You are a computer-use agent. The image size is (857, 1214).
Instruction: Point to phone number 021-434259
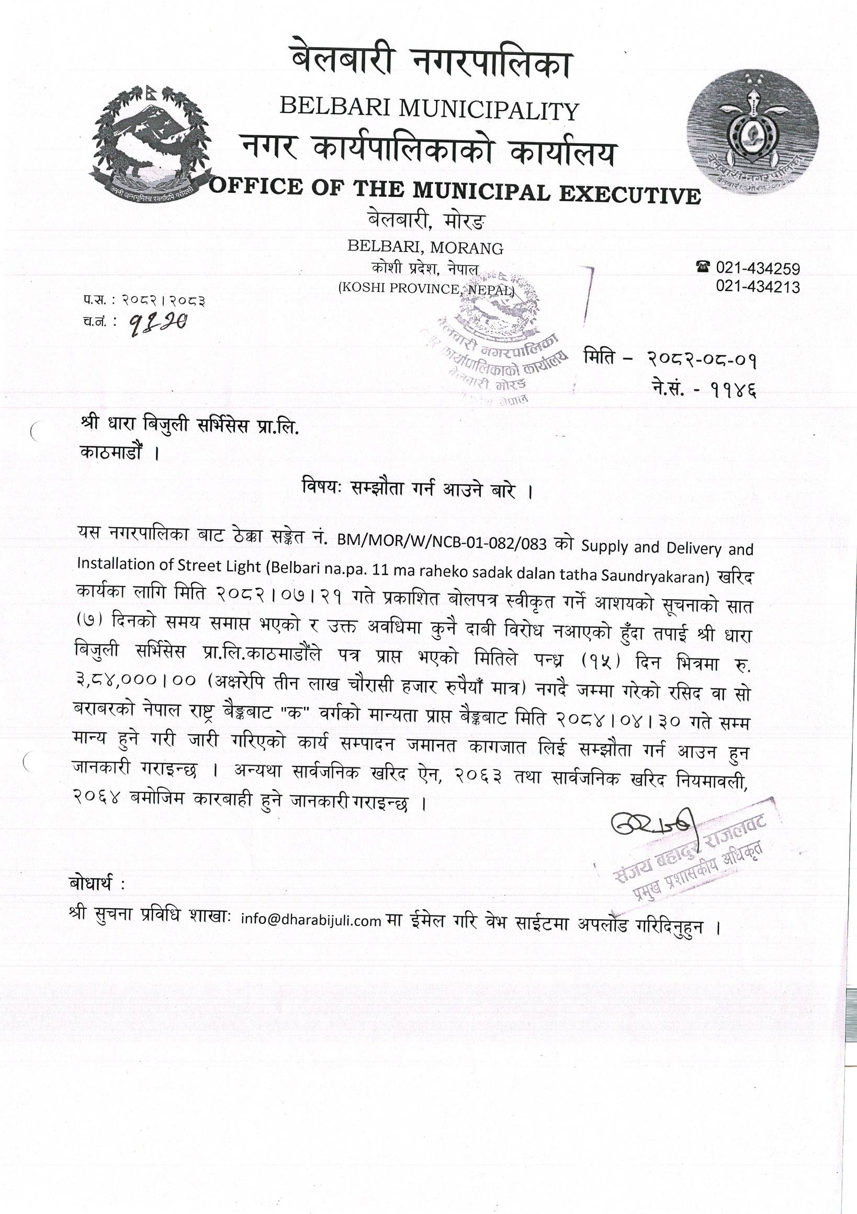click(758, 269)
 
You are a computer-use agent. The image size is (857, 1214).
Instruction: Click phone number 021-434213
click(758, 287)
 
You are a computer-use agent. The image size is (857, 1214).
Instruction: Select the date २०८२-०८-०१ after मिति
click(702, 361)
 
